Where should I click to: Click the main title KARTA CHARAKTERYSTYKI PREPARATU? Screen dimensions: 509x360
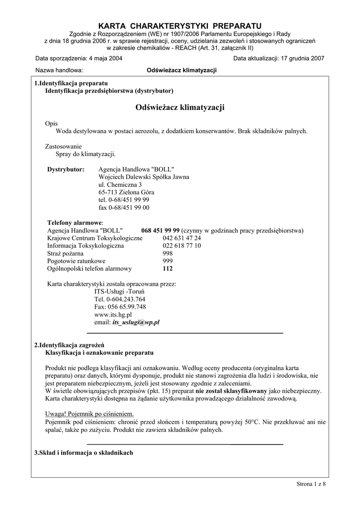pyautogui.click(x=180, y=25)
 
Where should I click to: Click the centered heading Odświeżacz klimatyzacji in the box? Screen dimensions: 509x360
pyautogui.click(x=180, y=107)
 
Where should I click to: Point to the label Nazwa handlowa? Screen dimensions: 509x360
pyautogui.click(x=59, y=71)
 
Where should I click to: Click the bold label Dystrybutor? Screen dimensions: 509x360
pyautogui.click(x=66, y=170)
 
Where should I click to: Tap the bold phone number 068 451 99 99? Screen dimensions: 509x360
pyautogui.click(x=160, y=231)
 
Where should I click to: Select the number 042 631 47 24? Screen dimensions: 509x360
pyautogui.click(x=181, y=238)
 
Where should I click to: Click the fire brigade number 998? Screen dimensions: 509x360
pyautogui.click(x=168, y=253)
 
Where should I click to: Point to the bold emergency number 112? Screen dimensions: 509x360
pyautogui.click(x=168, y=268)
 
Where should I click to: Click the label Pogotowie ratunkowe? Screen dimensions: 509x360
pyautogui.click(x=76, y=261)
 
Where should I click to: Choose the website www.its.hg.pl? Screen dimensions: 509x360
pyautogui.click(x=113, y=315)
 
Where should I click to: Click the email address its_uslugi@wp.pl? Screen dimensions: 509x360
pyautogui.click(x=136, y=322)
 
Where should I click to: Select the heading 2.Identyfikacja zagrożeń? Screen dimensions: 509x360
pyautogui.click(x=69, y=345)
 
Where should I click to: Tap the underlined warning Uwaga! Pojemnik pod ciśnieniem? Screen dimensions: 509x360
pyautogui.click(x=90, y=414)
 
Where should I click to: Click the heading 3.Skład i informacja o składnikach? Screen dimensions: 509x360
pyautogui.click(x=84, y=453)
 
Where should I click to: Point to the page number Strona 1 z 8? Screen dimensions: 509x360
pyautogui.click(x=311, y=484)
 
